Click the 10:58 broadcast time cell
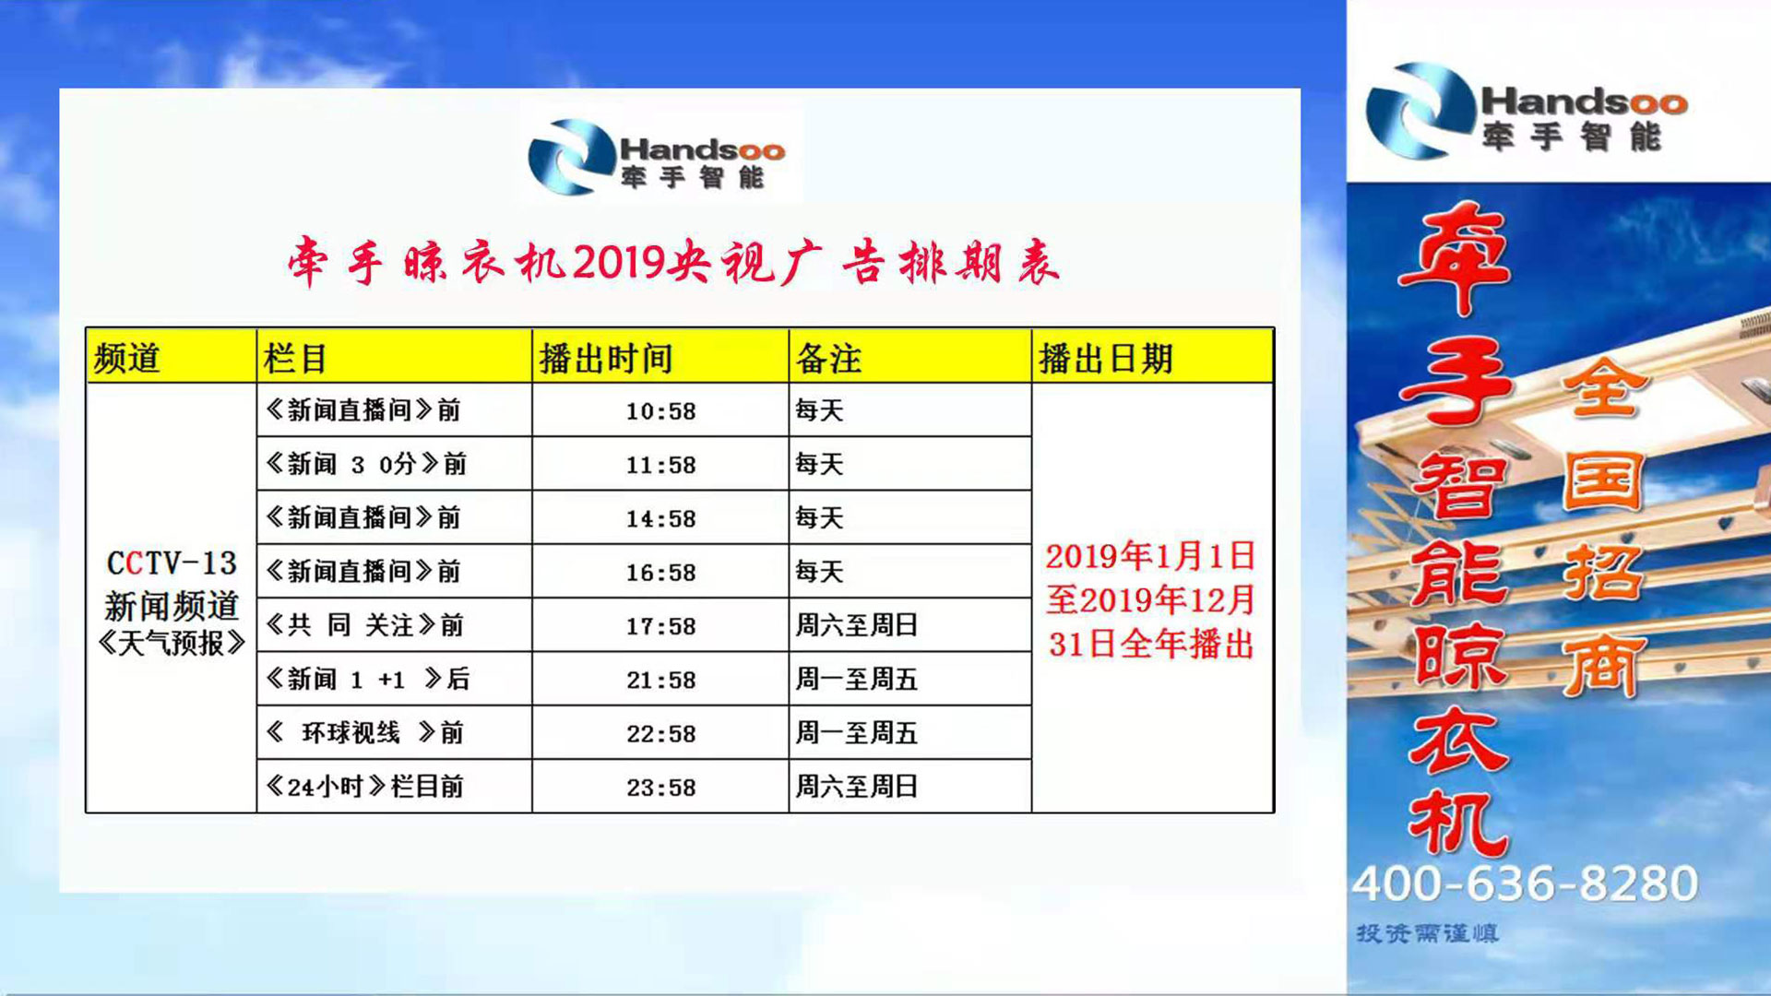coord(660,411)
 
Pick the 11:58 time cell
coord(660,465)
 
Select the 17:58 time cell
coord(660,626)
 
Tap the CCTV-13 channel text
coord(172,563)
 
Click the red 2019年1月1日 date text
coord(1150,556)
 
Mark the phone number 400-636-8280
coord(1525,883)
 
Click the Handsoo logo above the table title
coord(657,156)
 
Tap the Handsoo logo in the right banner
coord(1527,111)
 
